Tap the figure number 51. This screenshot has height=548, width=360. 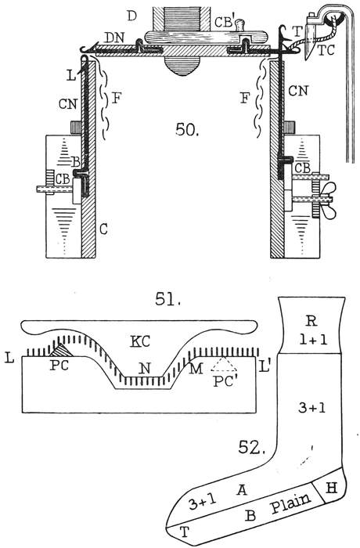167,299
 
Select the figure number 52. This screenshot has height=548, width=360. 251,447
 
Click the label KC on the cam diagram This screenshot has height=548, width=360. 140,341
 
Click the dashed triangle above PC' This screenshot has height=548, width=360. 225,364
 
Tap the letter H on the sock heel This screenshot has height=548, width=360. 331,488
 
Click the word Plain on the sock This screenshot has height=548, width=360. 291,503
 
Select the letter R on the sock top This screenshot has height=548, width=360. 311,321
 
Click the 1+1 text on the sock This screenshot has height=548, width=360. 313,340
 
